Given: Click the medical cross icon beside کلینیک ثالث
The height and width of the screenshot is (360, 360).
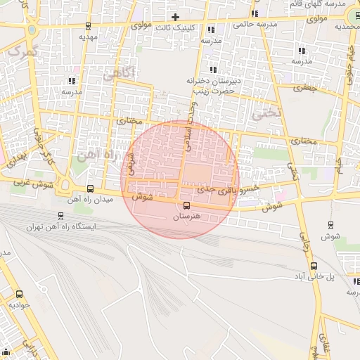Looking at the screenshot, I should click(x=175, y=17).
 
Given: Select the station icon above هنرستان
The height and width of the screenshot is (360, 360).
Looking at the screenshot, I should click(x=186, y=206).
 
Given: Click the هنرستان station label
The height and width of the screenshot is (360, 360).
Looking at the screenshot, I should click(x=186, y=217).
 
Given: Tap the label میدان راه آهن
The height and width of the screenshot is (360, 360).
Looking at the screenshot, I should click(x=90, y=200).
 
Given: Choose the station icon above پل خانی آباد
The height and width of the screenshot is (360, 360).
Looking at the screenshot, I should click(x=314, y=266).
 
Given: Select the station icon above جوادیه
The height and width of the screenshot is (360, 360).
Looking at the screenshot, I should click(x=19, y=295).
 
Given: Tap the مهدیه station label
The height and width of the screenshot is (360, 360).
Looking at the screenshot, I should click(x=86, y=36).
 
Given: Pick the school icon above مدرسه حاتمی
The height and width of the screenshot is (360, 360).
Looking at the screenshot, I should click(x=255, y=13).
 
